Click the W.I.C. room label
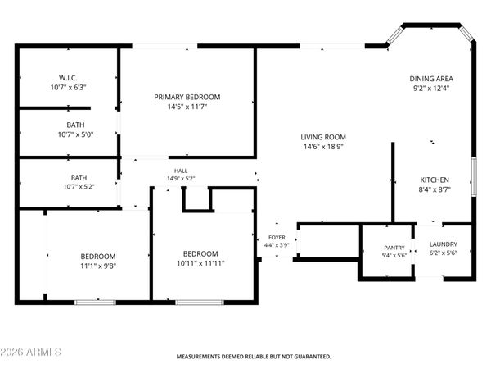click(x=68, y=78)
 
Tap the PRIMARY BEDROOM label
click(x=187, y=97)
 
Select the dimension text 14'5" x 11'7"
click(x=187, y=107)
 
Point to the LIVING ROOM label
click(x=323, y=137)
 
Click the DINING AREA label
click(x=431, y=79)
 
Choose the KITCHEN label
click(x=435, y=180)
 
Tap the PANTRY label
click(x=394, y=248)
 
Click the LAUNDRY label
click(x=443, y=244)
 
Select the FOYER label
click(x=277, y=238)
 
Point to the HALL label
click(x=181, y=171)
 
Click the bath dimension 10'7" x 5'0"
click(x=75, y=135)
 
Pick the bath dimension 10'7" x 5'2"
click(x=79, y=187)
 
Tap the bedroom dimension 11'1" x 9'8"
click(x=98, y=266)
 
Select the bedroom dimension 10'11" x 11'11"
click(x=200, y=263)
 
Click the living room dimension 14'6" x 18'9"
click(x=323, y=147)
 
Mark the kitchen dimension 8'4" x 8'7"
click(x=435, y=189)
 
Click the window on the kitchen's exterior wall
click(x=474, y=176)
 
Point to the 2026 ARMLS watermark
click(x=31, y=352)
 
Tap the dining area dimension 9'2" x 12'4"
click(x=431, y=89)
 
